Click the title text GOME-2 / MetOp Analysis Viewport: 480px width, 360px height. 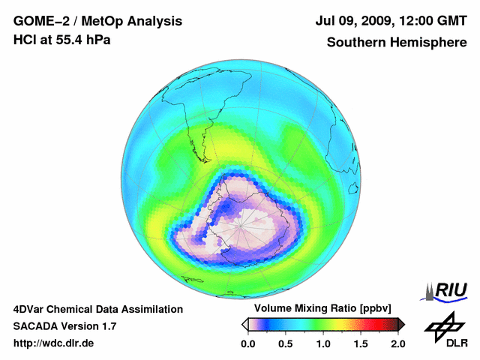(97, 22)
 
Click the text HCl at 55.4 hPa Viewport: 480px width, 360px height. (62, 40)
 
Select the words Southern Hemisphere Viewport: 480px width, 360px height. (397, 43)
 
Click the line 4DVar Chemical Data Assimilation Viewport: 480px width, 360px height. (97, 309)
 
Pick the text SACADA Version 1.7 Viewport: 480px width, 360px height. (64, 326)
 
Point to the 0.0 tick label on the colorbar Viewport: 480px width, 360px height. (247, 343)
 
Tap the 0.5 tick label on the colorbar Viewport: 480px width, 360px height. (285, 343)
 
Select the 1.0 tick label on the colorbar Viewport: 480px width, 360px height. (322, 343)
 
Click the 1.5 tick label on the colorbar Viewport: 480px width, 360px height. (360, 343)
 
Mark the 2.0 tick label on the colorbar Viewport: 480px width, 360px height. (397, 343)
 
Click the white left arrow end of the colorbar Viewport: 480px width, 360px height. (244, 324)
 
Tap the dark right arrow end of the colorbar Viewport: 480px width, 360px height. (401, 324)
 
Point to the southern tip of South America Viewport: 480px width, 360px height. (202, 160)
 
